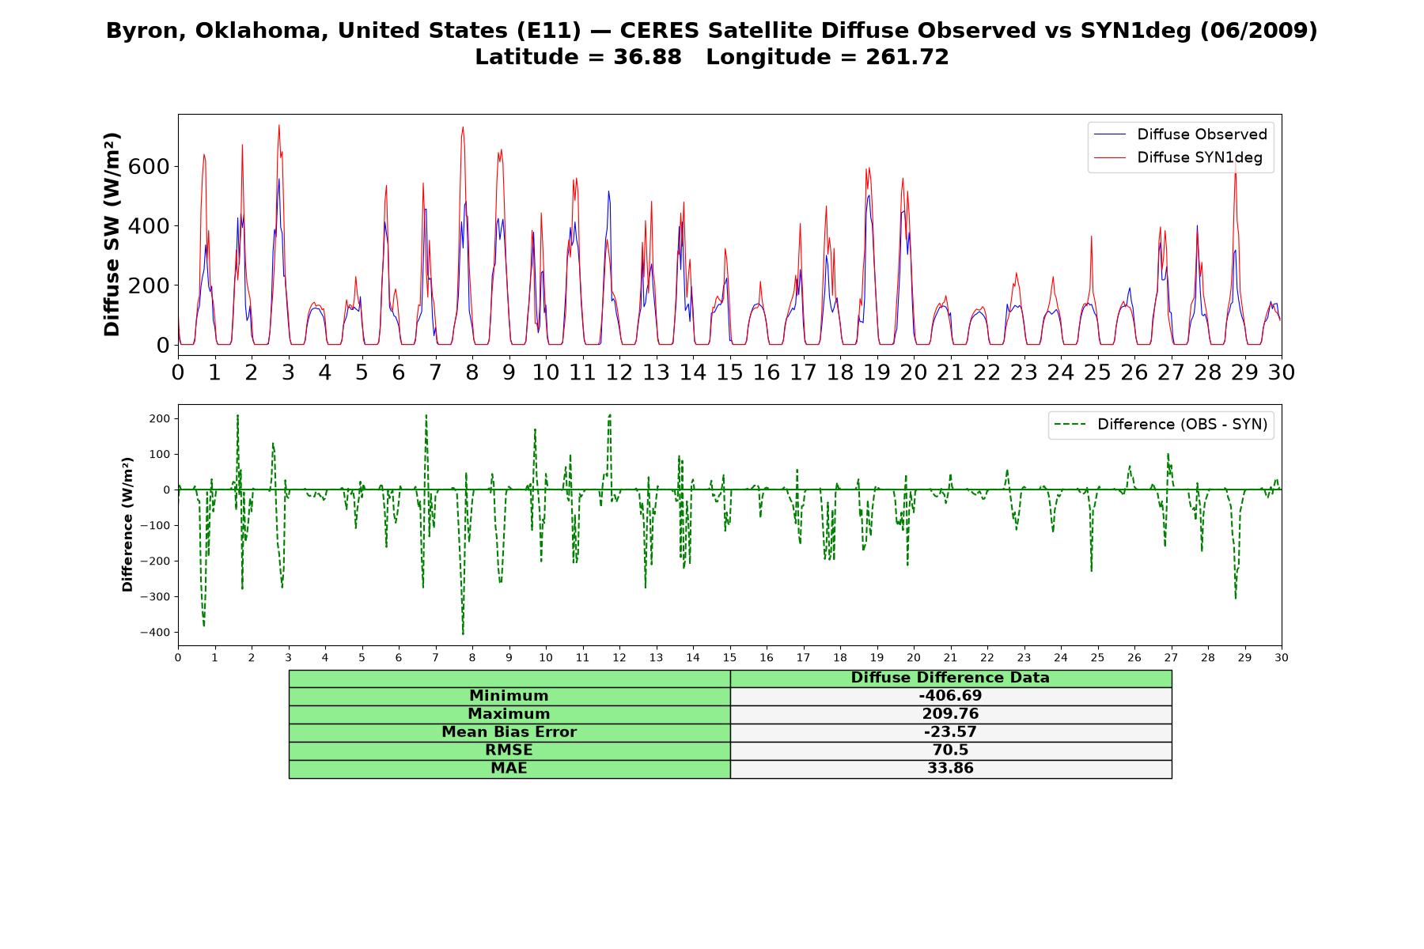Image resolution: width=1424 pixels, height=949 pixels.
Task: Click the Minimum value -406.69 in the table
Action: [x=950, y=696]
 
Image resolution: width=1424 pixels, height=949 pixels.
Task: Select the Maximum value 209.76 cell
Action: [x=950, y=714]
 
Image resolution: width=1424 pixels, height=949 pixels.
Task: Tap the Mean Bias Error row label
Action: [x=509, y=732]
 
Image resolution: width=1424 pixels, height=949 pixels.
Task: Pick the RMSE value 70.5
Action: [x=950, y=751]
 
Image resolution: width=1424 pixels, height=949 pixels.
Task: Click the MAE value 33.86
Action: [x=950, y=769]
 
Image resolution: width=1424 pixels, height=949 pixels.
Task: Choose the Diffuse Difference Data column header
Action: [x=950, y=678]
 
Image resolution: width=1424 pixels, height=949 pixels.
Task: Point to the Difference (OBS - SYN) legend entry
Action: [x=1161, y=425]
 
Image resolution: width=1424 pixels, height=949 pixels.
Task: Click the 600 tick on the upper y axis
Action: [x=153, y=166]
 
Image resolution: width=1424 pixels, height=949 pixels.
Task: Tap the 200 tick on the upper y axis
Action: [x=153, y=285]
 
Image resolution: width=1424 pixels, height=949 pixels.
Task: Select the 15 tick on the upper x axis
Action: [x=729, y=372]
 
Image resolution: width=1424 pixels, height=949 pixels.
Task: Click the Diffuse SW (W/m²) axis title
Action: [x=112, y=235]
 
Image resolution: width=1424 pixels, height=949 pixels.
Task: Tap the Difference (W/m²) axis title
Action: [x=127, y=525]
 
